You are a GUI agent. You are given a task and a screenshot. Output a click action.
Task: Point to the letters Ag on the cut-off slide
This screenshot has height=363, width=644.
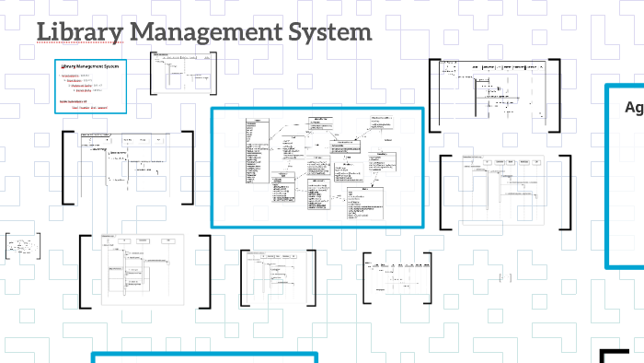[634, 108]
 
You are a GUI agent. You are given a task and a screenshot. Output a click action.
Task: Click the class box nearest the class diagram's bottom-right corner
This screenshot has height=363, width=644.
[365, 202]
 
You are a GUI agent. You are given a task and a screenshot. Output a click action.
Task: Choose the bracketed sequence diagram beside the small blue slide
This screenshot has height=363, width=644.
[183, 71]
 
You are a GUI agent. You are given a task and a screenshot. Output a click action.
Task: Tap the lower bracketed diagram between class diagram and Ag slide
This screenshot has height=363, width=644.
[504, 192]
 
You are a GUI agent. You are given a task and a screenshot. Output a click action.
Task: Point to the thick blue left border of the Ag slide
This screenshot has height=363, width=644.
[608, 175]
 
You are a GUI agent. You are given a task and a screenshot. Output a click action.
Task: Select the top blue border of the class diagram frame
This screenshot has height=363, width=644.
[317, 110]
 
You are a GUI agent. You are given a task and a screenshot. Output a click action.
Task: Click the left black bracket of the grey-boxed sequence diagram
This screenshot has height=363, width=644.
[82, 271]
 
